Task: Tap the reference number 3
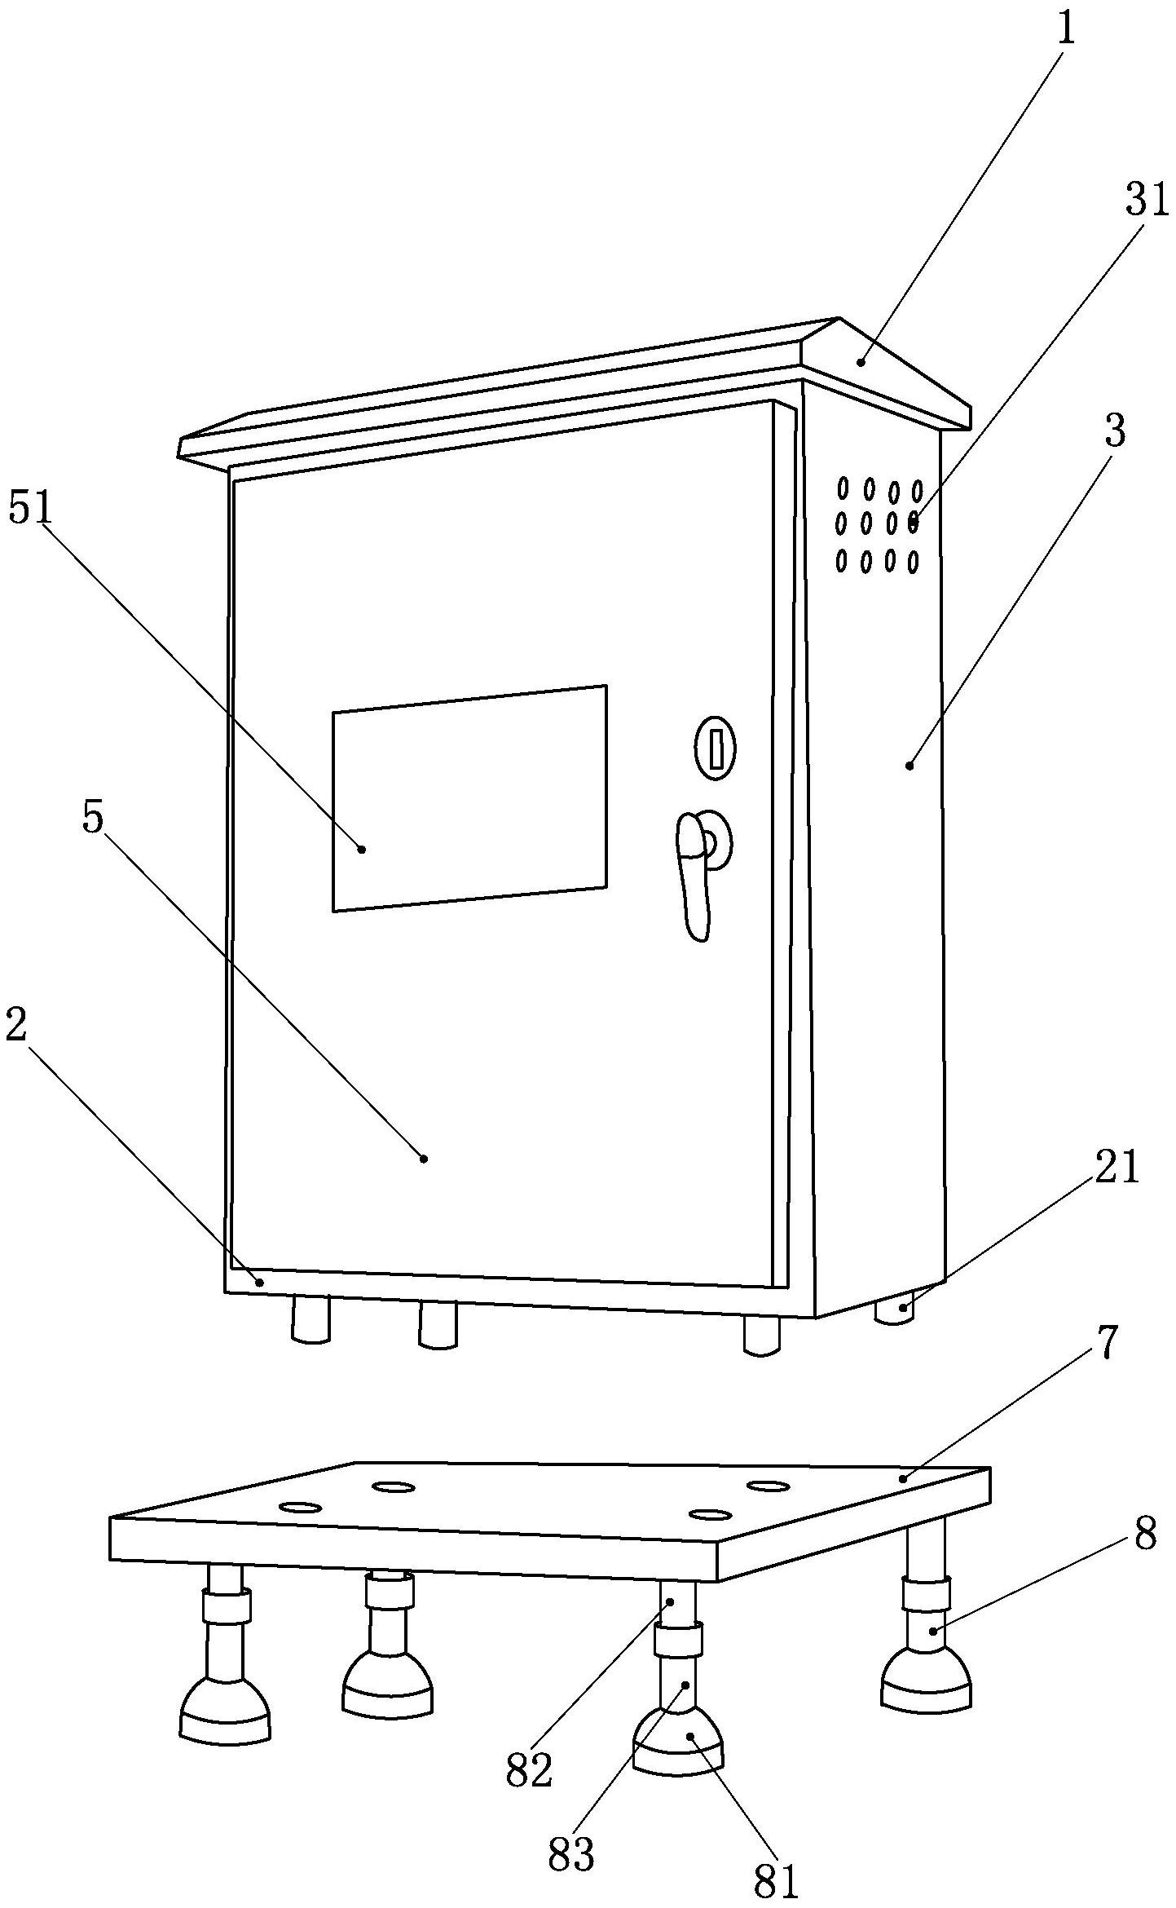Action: coord(1114,431)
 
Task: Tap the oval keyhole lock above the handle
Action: coord(715,747)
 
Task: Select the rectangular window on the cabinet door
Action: coord(469,798)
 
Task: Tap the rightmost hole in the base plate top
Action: coord(768,1486)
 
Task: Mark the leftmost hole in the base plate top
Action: coord(300,1507)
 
